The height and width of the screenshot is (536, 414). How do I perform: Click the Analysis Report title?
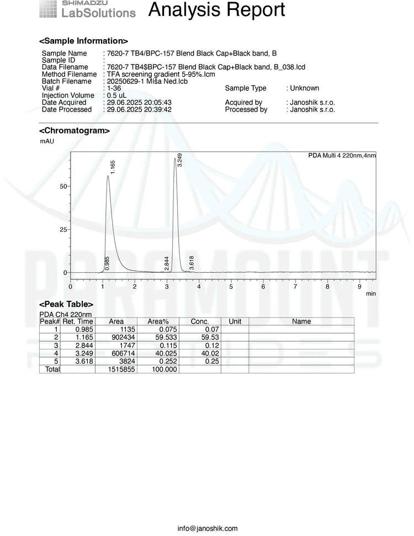(x=217, y=9)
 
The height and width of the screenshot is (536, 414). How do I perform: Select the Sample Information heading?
(x=83, y=41)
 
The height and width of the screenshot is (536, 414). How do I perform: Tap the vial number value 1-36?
(x=114, y=88)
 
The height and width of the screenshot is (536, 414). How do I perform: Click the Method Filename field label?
(x=70, y=75)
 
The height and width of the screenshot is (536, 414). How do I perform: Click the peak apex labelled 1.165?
(x=108, y=176)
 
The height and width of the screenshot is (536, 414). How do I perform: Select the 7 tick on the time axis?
(x=295, y=286)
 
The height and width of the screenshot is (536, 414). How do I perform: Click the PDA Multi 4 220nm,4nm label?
(x=342, y=156)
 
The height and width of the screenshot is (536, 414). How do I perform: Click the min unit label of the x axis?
(x=371, y=294)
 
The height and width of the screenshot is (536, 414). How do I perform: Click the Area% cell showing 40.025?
(x=165, y=353)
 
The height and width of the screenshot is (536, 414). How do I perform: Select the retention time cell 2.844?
(x=84, y=346)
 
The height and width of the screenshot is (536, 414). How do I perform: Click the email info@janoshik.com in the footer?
(x=208, y=528)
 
